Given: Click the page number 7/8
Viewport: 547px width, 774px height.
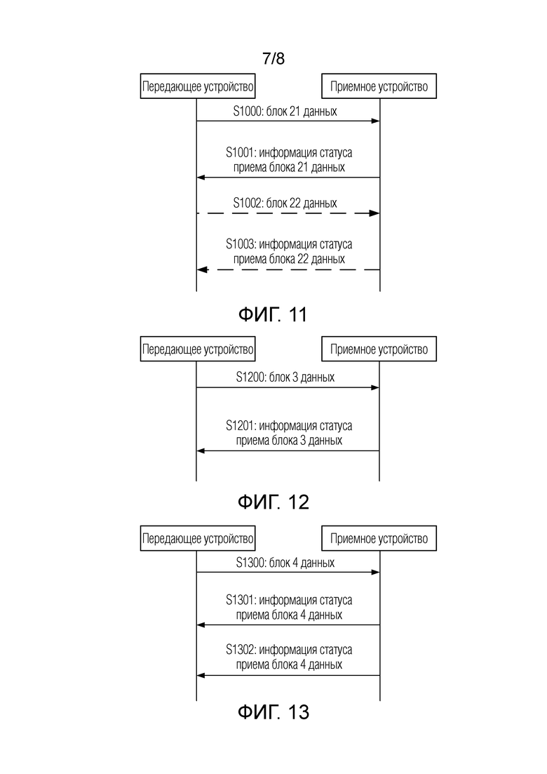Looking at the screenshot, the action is (x=273, y=59).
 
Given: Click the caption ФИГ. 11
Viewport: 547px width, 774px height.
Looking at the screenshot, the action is (x=273, y=314).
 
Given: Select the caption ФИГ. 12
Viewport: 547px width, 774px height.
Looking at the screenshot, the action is (x=273, y=502).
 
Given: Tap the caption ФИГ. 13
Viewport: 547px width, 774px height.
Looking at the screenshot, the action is (x=273, y=712).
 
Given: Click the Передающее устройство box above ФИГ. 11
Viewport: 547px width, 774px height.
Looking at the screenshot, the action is (x=198, y=86).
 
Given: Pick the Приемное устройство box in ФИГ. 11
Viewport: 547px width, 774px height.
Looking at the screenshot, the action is (x=379, y=86).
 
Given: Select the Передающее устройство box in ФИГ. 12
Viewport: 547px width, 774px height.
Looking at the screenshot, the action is (x=198, y=349).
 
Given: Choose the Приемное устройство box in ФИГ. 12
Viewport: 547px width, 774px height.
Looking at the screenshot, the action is (x=379, y=349).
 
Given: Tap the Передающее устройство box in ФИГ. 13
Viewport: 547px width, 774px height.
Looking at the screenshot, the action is (x=198, y=538).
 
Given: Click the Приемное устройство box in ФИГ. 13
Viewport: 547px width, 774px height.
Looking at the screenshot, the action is (x=379, y=538).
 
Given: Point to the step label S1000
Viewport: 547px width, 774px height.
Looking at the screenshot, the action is (x=248, y=111).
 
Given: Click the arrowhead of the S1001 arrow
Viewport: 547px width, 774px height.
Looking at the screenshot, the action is (x=201, y=178).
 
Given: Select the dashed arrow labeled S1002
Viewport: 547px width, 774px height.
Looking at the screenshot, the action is (x=288, y=213).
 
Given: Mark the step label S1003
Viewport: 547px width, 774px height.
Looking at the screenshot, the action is (x=241, y=244).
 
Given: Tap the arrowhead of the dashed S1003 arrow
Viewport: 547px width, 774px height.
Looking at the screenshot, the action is (x=201, y=269).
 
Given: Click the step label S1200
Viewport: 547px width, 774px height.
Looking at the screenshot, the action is (x=250, y=377).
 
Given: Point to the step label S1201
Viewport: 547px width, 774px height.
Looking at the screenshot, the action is (x=241, y=425).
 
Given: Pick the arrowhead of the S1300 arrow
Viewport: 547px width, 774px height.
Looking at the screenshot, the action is (x=376, y=572).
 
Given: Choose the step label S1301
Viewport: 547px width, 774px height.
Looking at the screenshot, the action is (x=241, y=600).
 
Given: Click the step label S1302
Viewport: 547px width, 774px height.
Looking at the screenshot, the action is (x=241, y=650).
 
